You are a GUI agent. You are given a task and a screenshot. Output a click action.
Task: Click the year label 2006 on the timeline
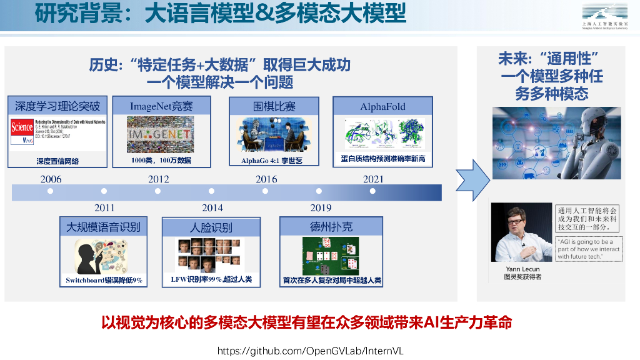click(51, 179)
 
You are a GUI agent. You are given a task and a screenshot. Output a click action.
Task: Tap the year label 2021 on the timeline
click(373, 179)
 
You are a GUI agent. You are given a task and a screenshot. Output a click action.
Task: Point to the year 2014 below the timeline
click(212, 207)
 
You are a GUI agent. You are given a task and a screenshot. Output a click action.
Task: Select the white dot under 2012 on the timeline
click(157, 191)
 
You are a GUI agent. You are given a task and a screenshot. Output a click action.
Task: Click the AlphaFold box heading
click(382, 107)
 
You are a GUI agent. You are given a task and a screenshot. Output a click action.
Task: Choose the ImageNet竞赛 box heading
click(161, 106)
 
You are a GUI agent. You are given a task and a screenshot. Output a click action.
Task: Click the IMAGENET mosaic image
click(161, 134)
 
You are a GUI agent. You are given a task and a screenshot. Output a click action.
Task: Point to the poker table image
click(331, 256)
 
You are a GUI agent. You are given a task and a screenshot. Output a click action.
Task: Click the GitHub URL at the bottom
click(310, 351)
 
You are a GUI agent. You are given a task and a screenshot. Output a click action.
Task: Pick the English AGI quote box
click(588, 249)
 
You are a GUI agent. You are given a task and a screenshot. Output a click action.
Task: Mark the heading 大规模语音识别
click(104, 227)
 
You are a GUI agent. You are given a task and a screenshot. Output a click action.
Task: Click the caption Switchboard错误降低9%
click(104, 280)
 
